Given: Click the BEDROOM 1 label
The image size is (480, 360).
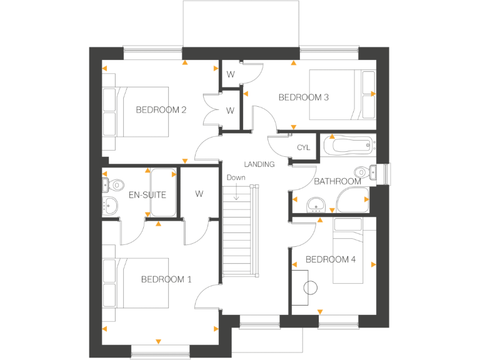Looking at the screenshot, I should [166, 279].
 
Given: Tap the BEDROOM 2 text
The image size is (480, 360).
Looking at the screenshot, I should [161, 110].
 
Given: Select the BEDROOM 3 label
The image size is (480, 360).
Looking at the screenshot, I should [304, 97].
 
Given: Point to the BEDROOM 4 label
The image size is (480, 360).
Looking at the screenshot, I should [331, 259].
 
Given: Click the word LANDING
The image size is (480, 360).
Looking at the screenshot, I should [259, 164].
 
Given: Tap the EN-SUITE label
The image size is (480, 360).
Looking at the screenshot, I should [147, 194].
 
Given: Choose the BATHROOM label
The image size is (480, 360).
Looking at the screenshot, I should [337, 181].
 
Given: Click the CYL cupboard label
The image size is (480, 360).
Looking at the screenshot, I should [304, 147].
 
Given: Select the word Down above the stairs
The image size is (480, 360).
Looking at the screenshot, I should [236, 177].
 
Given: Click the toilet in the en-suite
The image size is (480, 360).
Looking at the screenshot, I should [114, 184].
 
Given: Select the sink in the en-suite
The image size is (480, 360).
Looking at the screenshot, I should [111, 204].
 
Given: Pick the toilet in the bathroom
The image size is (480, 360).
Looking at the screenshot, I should [362, 172].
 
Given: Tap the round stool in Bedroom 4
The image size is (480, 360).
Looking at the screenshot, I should [311, 288].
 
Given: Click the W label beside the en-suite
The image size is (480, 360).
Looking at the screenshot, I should [199, 194].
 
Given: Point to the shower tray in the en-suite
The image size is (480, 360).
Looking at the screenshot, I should [163, 192].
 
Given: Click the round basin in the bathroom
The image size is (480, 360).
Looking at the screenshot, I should [317, 203].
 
